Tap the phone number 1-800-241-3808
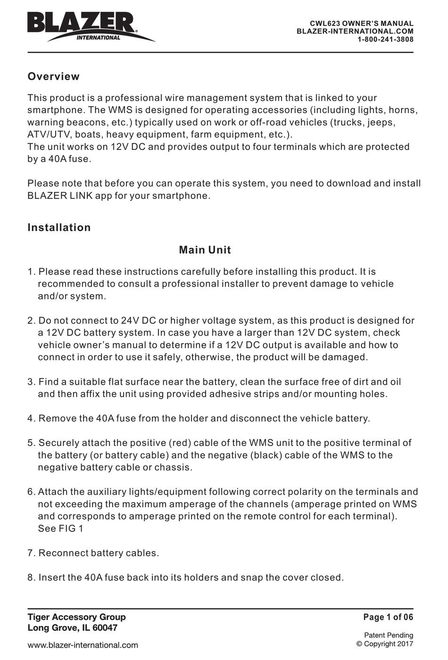tap(385, 40)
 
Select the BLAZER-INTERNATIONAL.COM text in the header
tap(355, 31)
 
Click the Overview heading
tap(53, 76)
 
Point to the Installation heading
tap(59, 227)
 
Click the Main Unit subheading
tap(205, 250)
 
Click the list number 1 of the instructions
tap(31, 272)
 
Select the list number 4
tap(31, 418)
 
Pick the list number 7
tap(31, 553)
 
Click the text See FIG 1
tap(60, 528)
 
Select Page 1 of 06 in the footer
tap(388, 617)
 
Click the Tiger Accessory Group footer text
tap(76, 617)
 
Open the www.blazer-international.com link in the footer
tap(83, 645)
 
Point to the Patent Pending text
tap(388, 635)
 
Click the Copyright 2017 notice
tap(384, 643)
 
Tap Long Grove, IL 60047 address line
tap(72, 628)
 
